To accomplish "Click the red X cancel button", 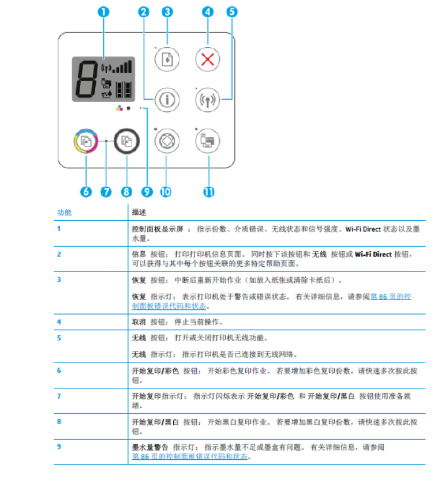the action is click(207, 59).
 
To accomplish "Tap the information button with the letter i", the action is click(167, 100).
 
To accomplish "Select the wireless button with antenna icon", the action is click(207, 100).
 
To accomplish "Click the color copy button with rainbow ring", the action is click(86, 141).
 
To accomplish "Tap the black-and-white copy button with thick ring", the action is click(127, 141).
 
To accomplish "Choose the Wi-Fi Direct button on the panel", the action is click(207, 141).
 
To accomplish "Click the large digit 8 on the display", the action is click(87, 80).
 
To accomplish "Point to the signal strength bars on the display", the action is click(122, 67).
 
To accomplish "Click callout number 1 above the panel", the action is click(103, 12).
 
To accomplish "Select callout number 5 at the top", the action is click(232, 12).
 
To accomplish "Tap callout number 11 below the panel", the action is click(209, 192).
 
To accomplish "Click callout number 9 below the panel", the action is click(147, 192).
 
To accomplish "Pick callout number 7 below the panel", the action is click(106, 192).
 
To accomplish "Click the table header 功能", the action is click(64, 213).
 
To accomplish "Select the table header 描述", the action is click(139, 213).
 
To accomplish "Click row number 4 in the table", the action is click(59, 322).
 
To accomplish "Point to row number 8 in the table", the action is click(59, 421).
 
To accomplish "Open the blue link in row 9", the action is click(190, 456).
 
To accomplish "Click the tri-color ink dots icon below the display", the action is click(119, 108).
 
